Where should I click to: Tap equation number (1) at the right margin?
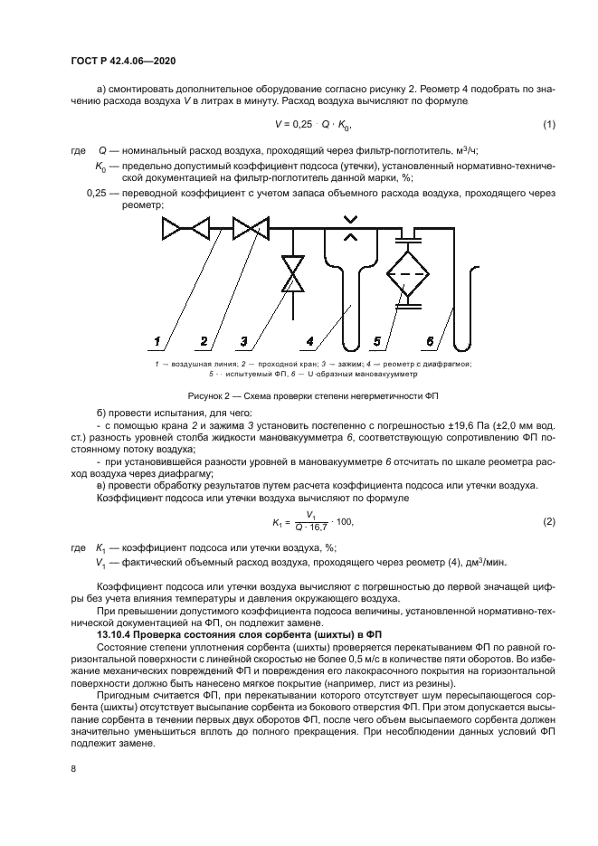click(548, 124)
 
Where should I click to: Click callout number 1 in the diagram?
click(157, 341)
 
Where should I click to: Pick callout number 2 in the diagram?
click(204, 341)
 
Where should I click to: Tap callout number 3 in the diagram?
click(243, 341)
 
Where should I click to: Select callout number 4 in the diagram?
click(309, 341)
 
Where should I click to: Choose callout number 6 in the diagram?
click(432, 341)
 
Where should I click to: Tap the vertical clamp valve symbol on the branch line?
click(291, 273)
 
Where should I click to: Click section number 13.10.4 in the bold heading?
click(119, 635)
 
